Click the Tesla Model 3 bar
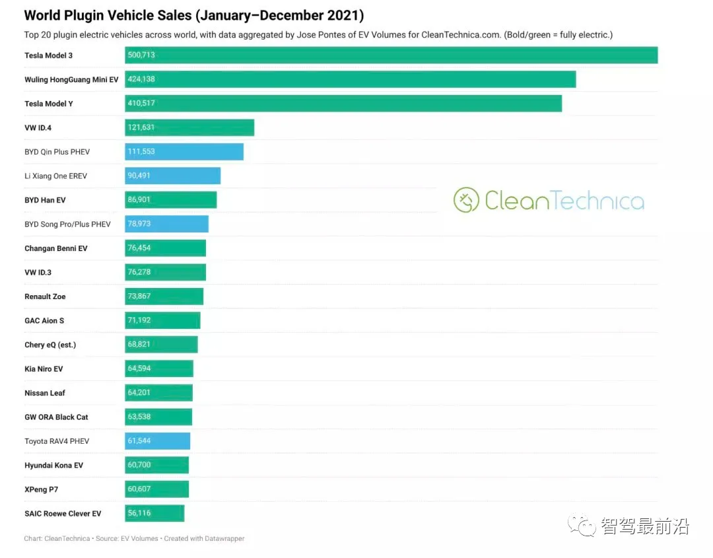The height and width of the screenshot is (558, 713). tap(391, 55)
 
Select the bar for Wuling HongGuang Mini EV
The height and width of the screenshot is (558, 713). tap(350, 79)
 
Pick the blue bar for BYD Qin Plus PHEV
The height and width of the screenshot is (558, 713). tap(184, 152)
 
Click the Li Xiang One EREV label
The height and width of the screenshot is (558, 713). tap(55, 176)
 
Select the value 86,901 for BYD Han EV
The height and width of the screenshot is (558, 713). tap(139, 200)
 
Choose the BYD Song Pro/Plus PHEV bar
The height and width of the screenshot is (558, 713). tap(166, 225)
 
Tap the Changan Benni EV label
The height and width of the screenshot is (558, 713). tap(55, 248)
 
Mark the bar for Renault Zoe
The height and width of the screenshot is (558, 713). tap(164, 296)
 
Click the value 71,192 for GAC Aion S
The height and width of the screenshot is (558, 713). tap(139, 320)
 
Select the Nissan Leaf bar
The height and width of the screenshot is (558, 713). tap(158, 393)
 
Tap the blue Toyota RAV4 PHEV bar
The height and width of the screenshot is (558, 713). tap(157, 441)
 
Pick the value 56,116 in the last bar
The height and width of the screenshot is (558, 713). tap(139, 513)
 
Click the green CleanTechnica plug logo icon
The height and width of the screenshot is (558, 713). tap(466, 200)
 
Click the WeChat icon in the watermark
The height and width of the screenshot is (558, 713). tap(586, 526)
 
